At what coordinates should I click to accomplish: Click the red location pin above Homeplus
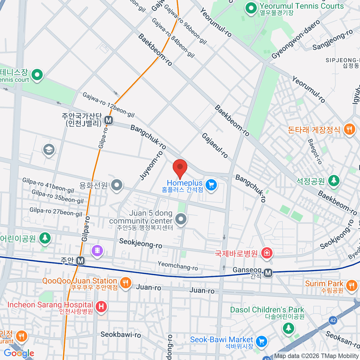click(180, 168)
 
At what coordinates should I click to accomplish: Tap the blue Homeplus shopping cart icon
click(211, 185)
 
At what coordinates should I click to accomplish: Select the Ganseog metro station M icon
click(268, 273)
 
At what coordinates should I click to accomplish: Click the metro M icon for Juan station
click(80, 261)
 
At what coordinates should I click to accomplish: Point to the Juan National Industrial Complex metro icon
click(109, 121)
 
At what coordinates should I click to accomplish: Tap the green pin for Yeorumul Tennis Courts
click(251, 8)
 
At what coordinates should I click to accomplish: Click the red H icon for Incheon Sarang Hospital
click(101, 307)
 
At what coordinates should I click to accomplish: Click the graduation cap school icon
click(49, 149)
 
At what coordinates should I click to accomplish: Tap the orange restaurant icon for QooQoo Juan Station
click(125, 283)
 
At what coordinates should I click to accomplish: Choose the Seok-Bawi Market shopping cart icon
click(261, 341)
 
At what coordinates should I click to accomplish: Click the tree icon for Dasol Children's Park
click(288, 328)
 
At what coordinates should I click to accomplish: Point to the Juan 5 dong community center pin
click(181, 219)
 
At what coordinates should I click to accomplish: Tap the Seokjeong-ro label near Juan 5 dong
click(140, 243)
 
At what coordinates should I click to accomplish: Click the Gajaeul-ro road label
click(215, 145)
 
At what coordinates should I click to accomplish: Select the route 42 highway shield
click(333, 320)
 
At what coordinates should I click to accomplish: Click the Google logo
click(19, 353)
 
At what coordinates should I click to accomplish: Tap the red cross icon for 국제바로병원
click(266, 253)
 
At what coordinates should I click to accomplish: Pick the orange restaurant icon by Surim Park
click(351, 285)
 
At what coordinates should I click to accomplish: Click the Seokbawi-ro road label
click(121, 334)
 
